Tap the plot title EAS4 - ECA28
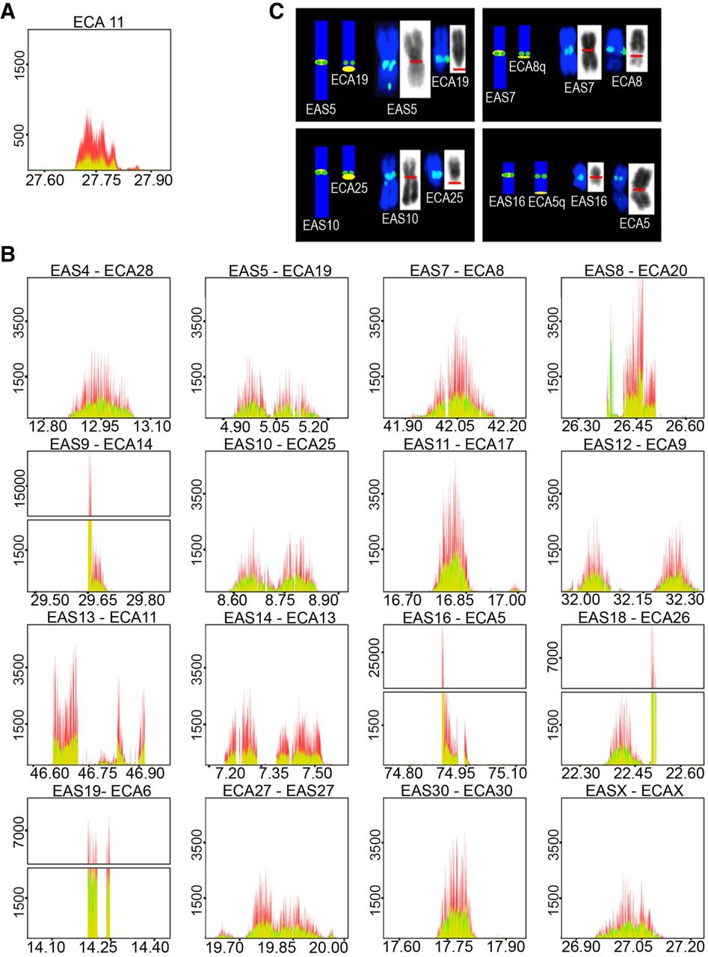[99, 266]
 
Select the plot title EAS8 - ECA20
[633, 266]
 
